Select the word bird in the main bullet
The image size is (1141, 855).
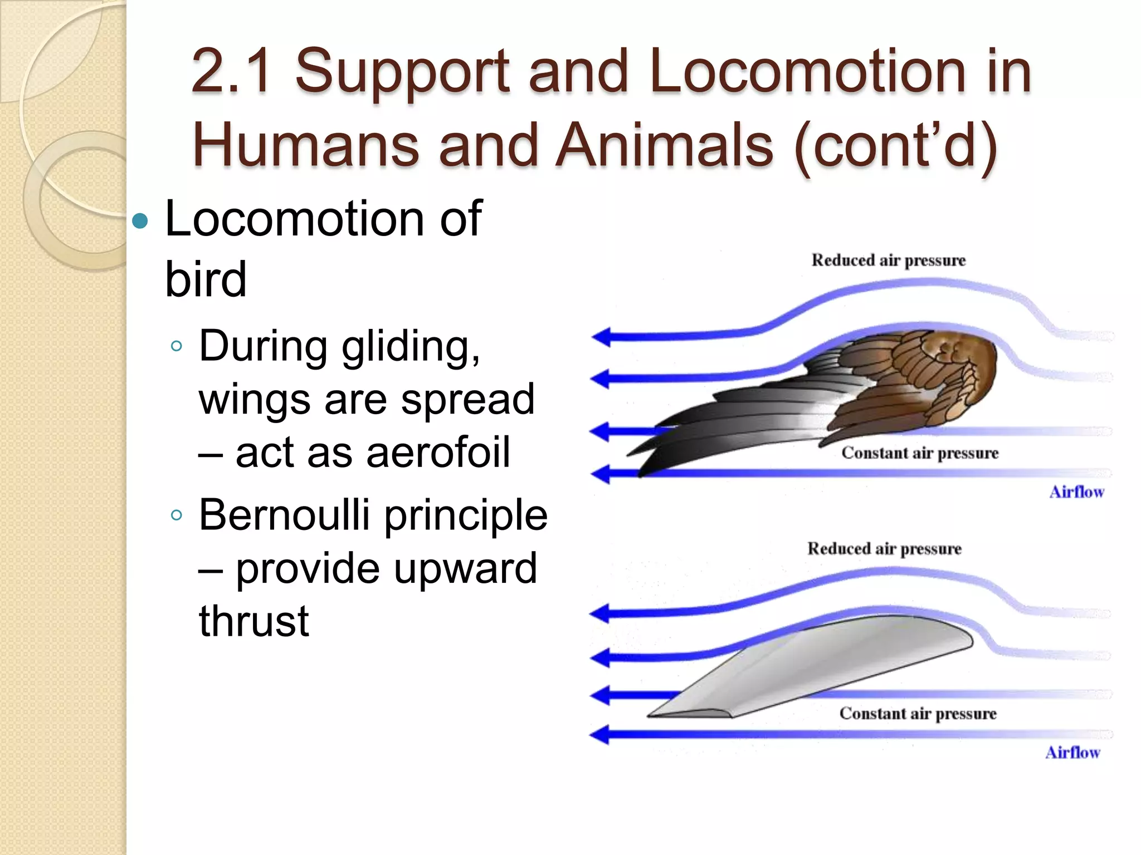(206, 279)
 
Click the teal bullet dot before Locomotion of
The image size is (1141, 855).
(140, 222)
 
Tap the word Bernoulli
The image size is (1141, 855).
(284, 515)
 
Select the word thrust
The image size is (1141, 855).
(253, 621)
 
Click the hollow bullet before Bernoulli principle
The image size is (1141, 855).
(177, 515)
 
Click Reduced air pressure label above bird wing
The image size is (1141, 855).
(888, 261)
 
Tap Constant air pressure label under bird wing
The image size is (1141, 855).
(920, 453)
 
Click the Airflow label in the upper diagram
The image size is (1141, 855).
(1076, 492)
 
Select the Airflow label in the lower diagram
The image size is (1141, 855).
(1072, 753)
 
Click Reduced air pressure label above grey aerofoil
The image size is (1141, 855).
(884, 549)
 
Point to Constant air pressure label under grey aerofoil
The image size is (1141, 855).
(918, 714)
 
